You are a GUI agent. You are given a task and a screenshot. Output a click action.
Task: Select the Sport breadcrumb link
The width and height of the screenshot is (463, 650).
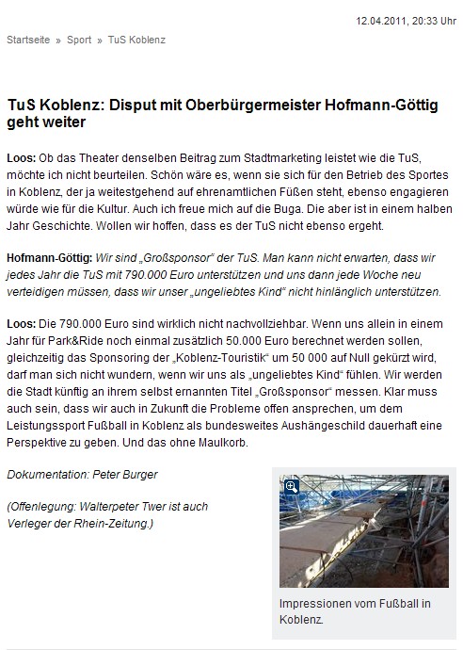coord(79,41)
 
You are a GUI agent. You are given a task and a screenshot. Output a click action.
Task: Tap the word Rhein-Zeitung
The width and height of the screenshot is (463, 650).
coord(117,523)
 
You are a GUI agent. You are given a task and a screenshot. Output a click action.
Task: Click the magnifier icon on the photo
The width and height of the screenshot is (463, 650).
coord(291,486)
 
